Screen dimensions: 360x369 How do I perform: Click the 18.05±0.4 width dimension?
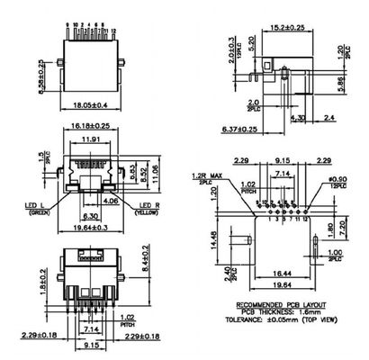[x=95, y=104]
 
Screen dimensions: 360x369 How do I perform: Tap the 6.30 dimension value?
[x=90, y=216]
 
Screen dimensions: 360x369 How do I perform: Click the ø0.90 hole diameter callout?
[x=337, y=179]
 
